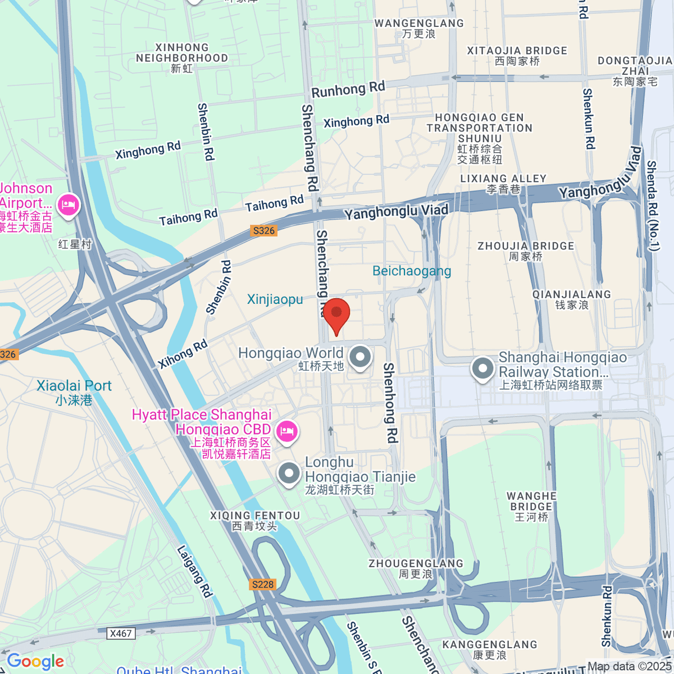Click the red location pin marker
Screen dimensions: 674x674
[336, 314]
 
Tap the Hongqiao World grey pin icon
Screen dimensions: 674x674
[359, 357]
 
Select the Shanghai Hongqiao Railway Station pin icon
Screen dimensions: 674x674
[482, 370]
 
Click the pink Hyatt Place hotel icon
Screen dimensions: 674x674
[287, 431]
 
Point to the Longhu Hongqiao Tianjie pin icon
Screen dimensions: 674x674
[289, 473]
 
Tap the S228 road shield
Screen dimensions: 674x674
[262, 584]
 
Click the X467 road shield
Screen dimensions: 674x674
[121, 633]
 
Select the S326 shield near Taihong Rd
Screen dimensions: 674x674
[264, 230]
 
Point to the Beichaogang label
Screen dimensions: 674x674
[412, 271]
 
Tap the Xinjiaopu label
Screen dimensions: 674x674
[275, 299]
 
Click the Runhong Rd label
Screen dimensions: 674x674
[348, 89]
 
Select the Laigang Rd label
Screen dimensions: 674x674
[194, 571]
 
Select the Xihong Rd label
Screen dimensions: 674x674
[183, 354]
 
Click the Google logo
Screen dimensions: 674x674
[35, 661]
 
